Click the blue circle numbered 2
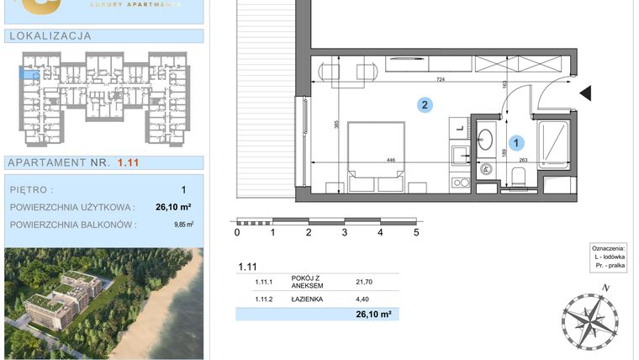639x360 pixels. coord(426,105)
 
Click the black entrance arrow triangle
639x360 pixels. coord(586,93)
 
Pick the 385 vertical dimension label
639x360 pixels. coord(335,125)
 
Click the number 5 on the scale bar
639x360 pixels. coord(416,233)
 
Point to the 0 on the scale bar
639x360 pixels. coord(237,233)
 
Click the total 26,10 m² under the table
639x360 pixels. coord(375,315)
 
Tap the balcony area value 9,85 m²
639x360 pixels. coord(183,225)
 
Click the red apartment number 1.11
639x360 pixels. coord(129,163)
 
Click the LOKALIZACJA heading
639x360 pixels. coord(49,36)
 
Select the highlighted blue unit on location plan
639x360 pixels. coord(29,77)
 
